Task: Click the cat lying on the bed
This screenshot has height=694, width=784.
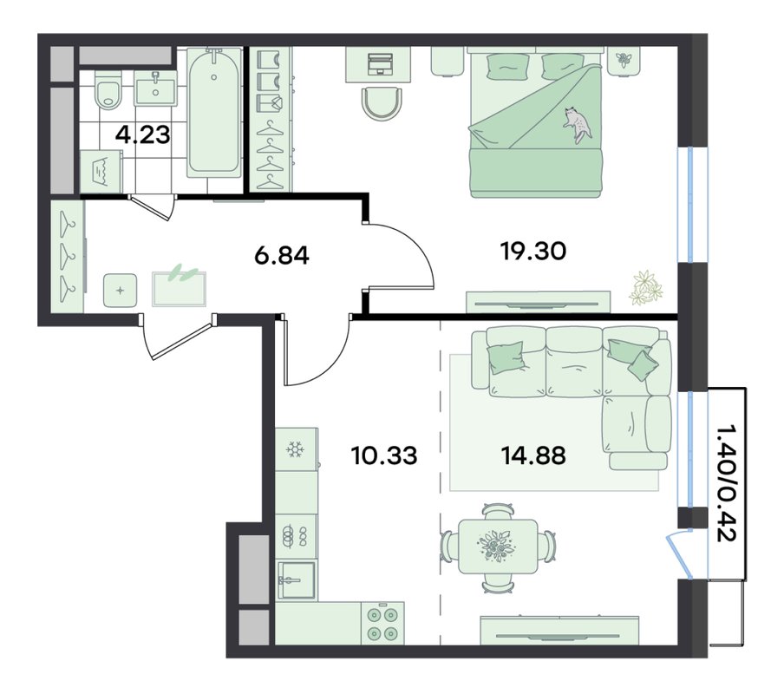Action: click(x=578, y=124)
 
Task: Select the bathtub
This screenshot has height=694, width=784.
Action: click(x=214, y=112)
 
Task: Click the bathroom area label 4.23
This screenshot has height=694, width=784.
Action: click(x=143, y=134)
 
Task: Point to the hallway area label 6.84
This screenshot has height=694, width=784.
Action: click(x=282, y=256)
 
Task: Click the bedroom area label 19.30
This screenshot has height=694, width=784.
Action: click(x=533, y=251)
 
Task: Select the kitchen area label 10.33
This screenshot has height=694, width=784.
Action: click(x=384, y=455)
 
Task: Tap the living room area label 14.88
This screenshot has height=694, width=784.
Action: click(x=533, y=455)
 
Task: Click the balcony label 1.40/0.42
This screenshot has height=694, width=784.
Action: click(x=726, y=483)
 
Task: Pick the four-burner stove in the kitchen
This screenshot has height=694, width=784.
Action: click(x=382, y=623)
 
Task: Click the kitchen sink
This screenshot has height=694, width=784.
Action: click(x=297, y=580)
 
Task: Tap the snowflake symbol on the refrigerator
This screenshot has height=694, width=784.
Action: click(x=295, y=450)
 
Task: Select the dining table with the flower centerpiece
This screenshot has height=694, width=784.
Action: click(x=498, y=545)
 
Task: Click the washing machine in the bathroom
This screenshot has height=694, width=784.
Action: click(x=101, y=172)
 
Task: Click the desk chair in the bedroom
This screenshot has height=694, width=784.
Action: click(x=381, y=103)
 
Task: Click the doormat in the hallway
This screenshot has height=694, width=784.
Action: click(x=179, y=288)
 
